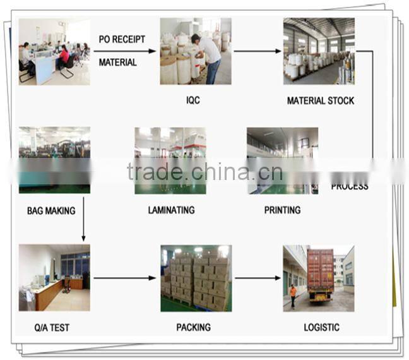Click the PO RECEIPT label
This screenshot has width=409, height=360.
[x=122, y=39]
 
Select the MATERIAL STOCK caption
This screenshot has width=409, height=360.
[x=320, y=100]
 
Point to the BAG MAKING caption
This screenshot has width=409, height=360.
[x=51, y=210]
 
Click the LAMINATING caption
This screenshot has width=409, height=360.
[x=171, y=210]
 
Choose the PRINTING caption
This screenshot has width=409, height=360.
[x=282, y=210]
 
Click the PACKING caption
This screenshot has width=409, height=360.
[x=193, y=327]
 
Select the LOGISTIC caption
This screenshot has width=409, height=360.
[x=321, y=327]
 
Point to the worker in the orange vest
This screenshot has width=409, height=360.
[x=293, y=296]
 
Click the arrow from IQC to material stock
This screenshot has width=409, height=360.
[x=257, y=51]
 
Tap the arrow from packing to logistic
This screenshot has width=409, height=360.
[x=258, y=278]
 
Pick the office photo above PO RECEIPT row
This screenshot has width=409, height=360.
[x=54, y=51]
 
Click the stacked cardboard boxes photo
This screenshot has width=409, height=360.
[x=196, y=278]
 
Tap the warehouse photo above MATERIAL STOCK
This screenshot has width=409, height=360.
[x=318, y=51]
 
